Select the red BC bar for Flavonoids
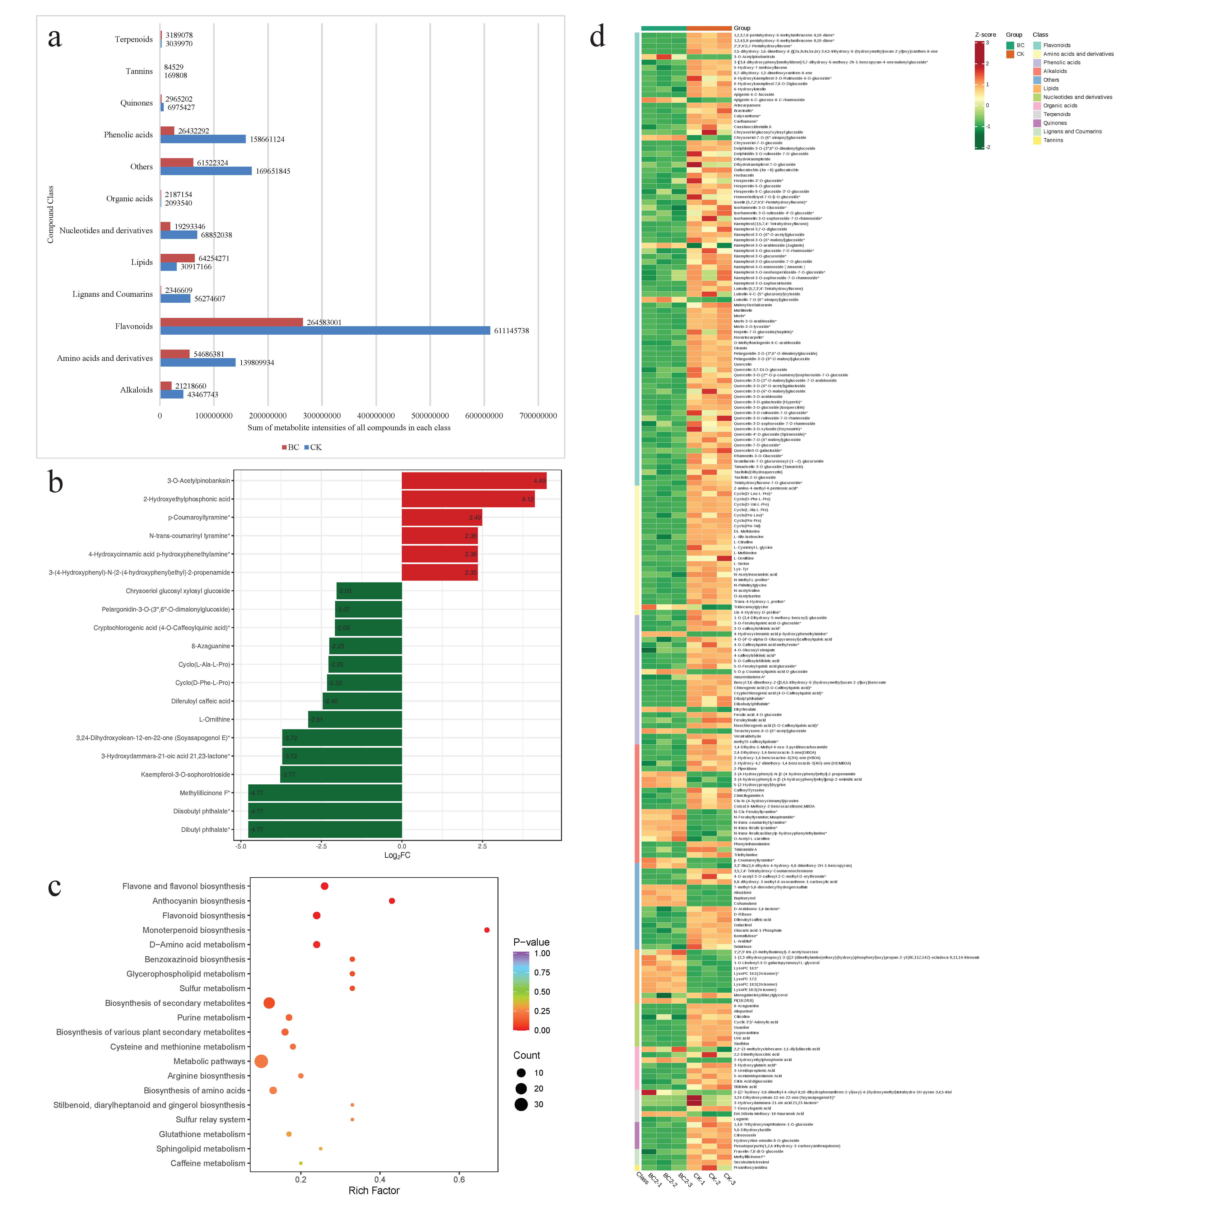point(231,322)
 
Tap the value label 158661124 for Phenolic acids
point(267,139)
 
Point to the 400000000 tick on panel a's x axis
point(376,416)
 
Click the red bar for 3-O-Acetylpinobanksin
point(474,481)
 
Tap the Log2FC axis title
point(397,855)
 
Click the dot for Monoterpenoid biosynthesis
point(487,930)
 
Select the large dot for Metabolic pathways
point(262,1061)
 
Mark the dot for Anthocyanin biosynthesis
point(392,901)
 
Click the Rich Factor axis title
point(374,1191)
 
